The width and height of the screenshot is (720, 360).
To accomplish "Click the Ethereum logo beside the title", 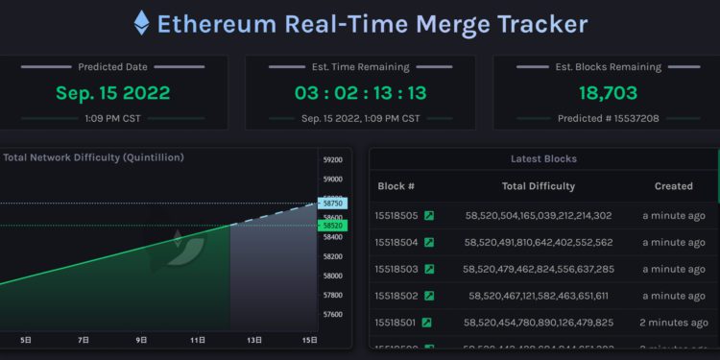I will click(141, 23).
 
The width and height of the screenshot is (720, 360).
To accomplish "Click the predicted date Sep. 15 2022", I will click(112, 93).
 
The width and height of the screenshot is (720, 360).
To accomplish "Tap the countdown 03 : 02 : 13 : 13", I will click(360, 93).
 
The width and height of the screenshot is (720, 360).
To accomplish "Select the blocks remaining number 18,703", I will click(608, 93).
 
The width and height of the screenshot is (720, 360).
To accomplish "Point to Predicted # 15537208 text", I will click(608, 118).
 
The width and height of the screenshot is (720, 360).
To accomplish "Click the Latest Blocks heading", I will click(543, 158).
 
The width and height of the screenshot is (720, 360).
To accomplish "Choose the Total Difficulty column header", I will click(539, 186).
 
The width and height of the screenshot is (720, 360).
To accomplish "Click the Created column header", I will click(673, 186).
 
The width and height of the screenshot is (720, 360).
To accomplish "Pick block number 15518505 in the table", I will click(397, 216).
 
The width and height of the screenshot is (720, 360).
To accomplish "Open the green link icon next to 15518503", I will click(429, 270).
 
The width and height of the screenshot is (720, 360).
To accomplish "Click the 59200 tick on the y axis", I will click(333, 159).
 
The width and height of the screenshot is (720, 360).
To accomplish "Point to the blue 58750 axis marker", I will click(333, 204).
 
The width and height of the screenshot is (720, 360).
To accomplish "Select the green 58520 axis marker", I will click(333, 226).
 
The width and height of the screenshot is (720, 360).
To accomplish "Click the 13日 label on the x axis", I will click(254, 340).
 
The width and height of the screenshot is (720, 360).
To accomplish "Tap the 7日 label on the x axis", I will click(84, 340).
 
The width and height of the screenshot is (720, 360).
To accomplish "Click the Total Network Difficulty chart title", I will click(93, 157).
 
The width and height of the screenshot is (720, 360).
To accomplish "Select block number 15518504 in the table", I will click(397, 243).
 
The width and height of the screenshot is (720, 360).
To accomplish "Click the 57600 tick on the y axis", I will click(333, 314).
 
